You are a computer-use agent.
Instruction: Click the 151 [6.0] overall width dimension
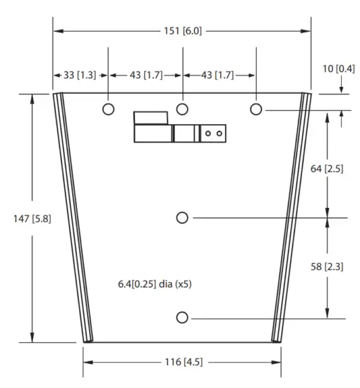[181, 31]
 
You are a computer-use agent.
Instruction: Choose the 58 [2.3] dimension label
[327, 266]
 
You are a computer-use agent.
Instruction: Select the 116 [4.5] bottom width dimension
[181, 363]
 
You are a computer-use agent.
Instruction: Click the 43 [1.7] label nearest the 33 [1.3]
[145, 75]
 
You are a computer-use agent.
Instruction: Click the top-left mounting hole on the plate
[108, 109]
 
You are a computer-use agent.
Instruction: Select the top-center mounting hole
[182, 109]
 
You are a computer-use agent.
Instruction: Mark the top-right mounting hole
[256, 109]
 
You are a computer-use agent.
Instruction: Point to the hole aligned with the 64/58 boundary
[182, 218]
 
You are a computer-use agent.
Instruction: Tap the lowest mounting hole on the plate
[182, 317]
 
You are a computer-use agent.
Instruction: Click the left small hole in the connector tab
[209, 132]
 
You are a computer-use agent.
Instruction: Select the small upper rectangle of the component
[150, 117]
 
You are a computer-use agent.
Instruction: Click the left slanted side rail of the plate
[71, 219]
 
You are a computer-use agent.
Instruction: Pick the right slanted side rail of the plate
[292, 219]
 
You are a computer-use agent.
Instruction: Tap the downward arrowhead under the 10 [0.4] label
[341, 89]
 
